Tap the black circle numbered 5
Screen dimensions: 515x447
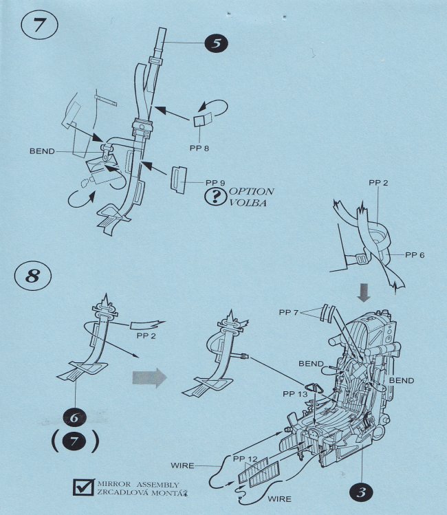[215, 43]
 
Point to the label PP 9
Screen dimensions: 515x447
[216, 184]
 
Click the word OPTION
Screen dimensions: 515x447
[252, 192]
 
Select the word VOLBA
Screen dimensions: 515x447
[248, 204]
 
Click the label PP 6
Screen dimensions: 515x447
[415, 255]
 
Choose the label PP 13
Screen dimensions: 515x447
[295, 394]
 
